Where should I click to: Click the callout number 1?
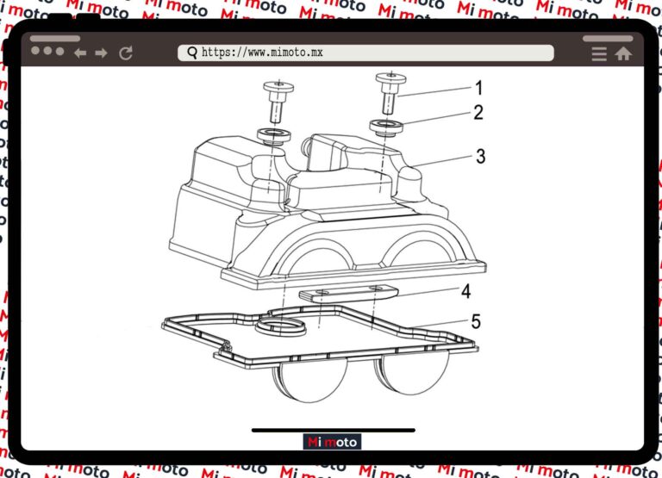(478, 88)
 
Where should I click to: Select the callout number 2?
(478, 113)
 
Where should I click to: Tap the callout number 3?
(480, 157)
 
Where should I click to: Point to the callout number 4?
(465, 291)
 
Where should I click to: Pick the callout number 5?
(476, 322)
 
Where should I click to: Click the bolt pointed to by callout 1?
(390, 93)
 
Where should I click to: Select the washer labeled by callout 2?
(386, 127)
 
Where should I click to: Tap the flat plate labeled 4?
(349, 293)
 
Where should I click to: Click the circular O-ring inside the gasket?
(280, 326)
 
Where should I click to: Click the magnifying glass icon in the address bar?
(192, 53)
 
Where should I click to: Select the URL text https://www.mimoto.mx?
(262, 53)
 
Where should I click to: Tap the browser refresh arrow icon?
(126, 53)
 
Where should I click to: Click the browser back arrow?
(80, 53)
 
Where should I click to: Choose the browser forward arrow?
(102, 53)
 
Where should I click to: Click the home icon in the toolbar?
(623, 53)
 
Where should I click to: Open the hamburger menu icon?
(599, 54)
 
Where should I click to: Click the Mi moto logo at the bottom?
(332, 442)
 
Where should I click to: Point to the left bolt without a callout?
(278, 102)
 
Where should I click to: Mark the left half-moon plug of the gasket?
(311, 378)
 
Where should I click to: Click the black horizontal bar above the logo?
(334, 431)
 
